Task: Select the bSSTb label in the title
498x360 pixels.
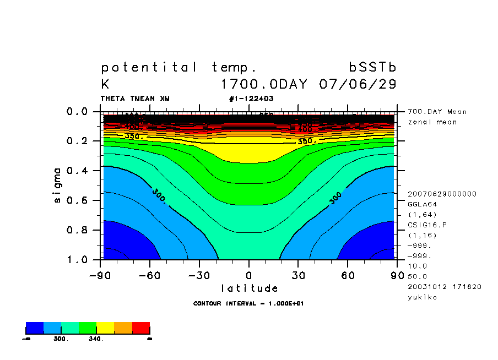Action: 373,67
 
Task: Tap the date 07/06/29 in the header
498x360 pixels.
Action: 358,85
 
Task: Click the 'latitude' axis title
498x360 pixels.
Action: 250,288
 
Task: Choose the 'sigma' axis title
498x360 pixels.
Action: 58,185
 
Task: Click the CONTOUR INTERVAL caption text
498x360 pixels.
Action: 248,303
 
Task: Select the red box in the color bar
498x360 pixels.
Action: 141,328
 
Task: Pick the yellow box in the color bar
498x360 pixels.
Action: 105,328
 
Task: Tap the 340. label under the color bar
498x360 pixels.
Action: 96,339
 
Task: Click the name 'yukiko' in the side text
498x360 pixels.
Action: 421,297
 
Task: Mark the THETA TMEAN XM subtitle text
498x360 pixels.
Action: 135,99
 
